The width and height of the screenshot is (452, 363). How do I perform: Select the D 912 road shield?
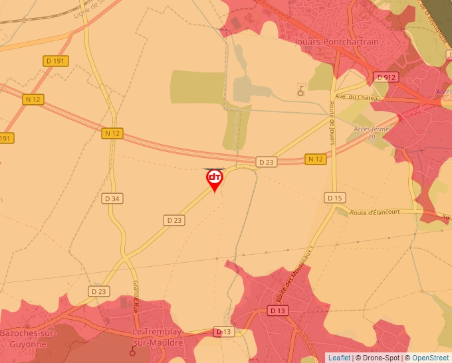pos(386,78)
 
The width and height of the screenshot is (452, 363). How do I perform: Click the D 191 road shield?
pos(56,61)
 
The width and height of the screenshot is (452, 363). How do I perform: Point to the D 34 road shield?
pos(113,198)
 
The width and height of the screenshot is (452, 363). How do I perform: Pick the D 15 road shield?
pos(335,198)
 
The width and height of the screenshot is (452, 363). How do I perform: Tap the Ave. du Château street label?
pos(359,98)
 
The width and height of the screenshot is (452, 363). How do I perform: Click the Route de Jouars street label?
pos(330,123)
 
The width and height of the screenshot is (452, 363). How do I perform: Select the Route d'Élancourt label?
pos(377,212)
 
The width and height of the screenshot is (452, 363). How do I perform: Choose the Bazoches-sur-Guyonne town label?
pos(29,338)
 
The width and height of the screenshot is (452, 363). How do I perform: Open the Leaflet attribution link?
pos(339,358)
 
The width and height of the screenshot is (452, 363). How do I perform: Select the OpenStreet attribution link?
pos(430,358)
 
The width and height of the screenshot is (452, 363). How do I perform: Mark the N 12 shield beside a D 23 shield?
pos(316,159)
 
